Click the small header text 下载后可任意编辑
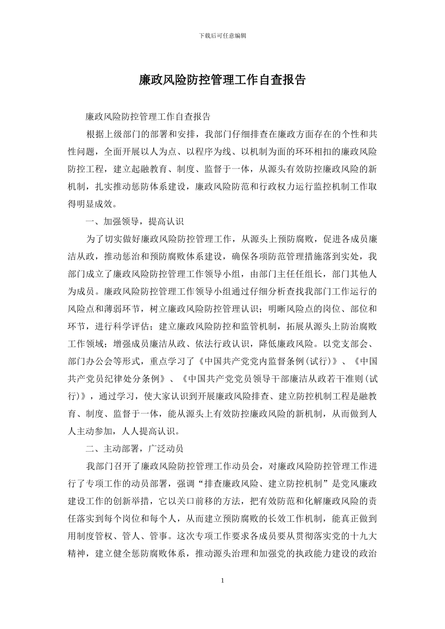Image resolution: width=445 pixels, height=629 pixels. tap(222, 36)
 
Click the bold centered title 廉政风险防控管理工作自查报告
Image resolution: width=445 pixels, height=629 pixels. tap(222, 80)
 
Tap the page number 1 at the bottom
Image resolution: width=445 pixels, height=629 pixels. tap(222, 581)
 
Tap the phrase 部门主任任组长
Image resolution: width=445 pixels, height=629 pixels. tap(285, 274)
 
